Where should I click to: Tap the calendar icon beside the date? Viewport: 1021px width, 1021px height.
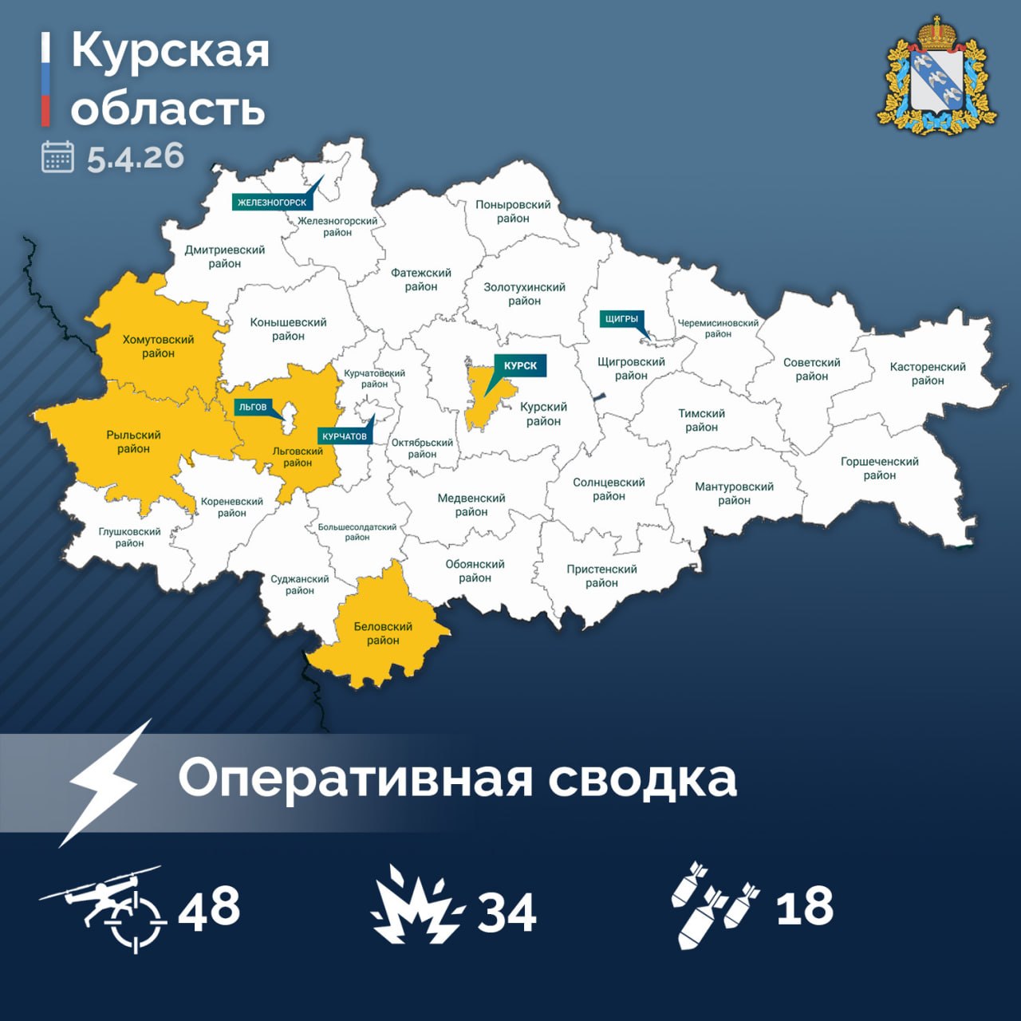coord(57,156)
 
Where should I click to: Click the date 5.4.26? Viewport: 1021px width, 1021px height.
coord(136,156)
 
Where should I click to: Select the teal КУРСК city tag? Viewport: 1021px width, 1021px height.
coord(520,365)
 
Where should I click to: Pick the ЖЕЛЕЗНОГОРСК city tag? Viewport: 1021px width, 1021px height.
coord(271,202)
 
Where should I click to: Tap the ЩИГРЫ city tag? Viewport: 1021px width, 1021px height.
coord(621,319)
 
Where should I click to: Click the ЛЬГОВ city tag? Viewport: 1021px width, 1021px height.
coord(253,407)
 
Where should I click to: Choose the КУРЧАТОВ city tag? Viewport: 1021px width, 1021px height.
coord(345,436)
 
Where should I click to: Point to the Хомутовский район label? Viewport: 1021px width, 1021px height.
coord(158,346)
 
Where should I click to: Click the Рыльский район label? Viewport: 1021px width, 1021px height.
coord(133,442)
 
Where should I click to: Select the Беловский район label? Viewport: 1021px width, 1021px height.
coord(383,633)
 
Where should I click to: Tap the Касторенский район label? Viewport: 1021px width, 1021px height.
coord(928,373)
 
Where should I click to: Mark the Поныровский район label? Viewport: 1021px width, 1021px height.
coord(513,211)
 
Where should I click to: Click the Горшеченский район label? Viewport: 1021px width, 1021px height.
coord(879,468)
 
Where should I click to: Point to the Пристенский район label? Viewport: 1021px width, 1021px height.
coord(601,576)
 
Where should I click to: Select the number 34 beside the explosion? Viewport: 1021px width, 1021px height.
coord(507,913)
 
